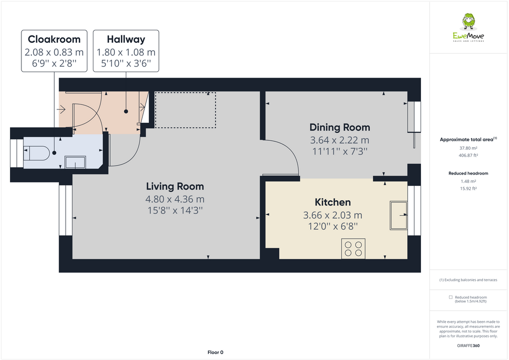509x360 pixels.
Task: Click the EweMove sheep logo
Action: (x=468, y=21)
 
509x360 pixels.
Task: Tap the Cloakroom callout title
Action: (x=54, y=39)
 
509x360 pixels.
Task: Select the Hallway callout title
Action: (x=126, y=39)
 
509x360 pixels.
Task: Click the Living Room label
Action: (x=175, y=186)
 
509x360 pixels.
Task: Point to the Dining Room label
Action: (x=339, y=127)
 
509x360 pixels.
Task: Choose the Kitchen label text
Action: (x=333, y=202)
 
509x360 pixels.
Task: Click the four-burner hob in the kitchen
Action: (x=353, y=249)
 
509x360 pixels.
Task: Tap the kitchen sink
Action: (x=399, y=215)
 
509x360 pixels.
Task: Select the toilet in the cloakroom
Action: (x=36, y=153)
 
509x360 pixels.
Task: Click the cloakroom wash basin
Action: (x=75, y=162)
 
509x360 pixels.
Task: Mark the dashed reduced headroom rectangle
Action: (x=185, y=110)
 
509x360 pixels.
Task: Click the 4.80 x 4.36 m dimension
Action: (x=175, y=199)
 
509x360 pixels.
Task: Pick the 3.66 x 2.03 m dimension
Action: (x=333, y=215)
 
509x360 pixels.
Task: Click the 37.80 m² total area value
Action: (x=468, y=148)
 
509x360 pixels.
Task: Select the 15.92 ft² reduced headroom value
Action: (x=468, y=188)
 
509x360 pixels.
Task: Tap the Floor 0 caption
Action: (x=215, y=352)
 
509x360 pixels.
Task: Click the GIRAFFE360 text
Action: (x=468, y=345)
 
